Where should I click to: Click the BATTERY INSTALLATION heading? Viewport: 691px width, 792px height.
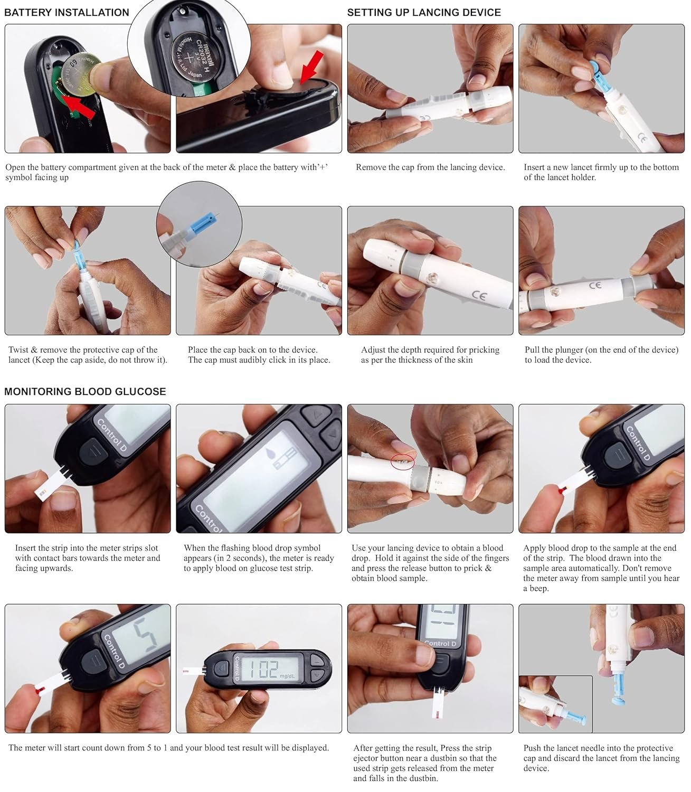click(x=67, y=12)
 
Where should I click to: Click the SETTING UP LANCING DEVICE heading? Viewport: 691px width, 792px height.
click(x=424, y=12)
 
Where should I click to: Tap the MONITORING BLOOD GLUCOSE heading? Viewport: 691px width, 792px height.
click(x=85, y=391)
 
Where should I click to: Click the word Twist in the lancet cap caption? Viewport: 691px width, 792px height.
click(x=18, y=350)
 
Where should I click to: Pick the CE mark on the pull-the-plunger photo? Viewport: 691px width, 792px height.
click(x=595, y=285)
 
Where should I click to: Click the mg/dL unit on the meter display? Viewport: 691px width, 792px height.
click(x=287, y=676)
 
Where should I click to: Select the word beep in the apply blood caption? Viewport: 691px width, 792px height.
click(x=538, y=588)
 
